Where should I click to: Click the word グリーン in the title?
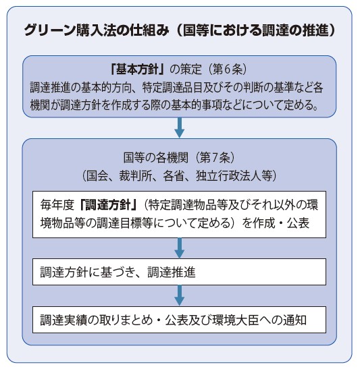pyautogui.click(x=49, y=30)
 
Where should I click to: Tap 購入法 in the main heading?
pyautogui.click(x=96, y=30)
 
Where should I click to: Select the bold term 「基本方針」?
pyautogui.click(x=137, y=69)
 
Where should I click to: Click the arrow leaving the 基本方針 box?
pyautogui.click(x=180, y=127)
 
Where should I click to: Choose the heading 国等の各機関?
pyautogui.click(x=156, y=157)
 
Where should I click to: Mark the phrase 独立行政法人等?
pyautogui.click(x=234, y=176)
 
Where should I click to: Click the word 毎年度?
pyautogui.click(x=57, y=205)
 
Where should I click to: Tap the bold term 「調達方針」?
pyautogui.click(x=107, y=205)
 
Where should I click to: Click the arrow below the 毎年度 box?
pyautogui.click(x=180, y=248)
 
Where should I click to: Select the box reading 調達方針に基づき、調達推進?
pyautogui.click(x=179, y=272)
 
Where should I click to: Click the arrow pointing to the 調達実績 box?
pyautogui.click(x=180, y=295)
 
